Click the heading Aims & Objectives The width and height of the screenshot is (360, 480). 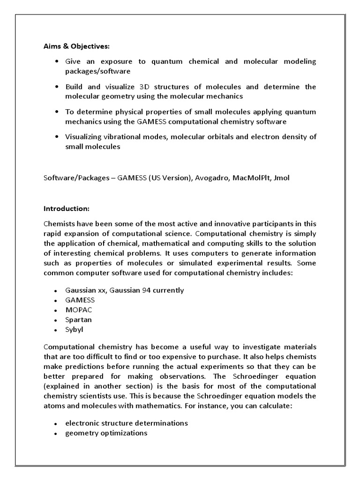coord(76,46)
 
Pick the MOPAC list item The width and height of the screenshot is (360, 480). coord(79,310)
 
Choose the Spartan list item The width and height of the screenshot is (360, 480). coord(79,320)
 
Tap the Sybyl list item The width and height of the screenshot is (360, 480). coord(75,330)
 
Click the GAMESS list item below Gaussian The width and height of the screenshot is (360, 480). coord(80,300)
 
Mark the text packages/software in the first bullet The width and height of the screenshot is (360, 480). coord(97,71)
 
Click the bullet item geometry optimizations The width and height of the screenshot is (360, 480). coord(106,433)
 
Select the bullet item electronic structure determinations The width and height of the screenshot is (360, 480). coord(127,423)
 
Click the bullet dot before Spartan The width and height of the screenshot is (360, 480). coord(56,320)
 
